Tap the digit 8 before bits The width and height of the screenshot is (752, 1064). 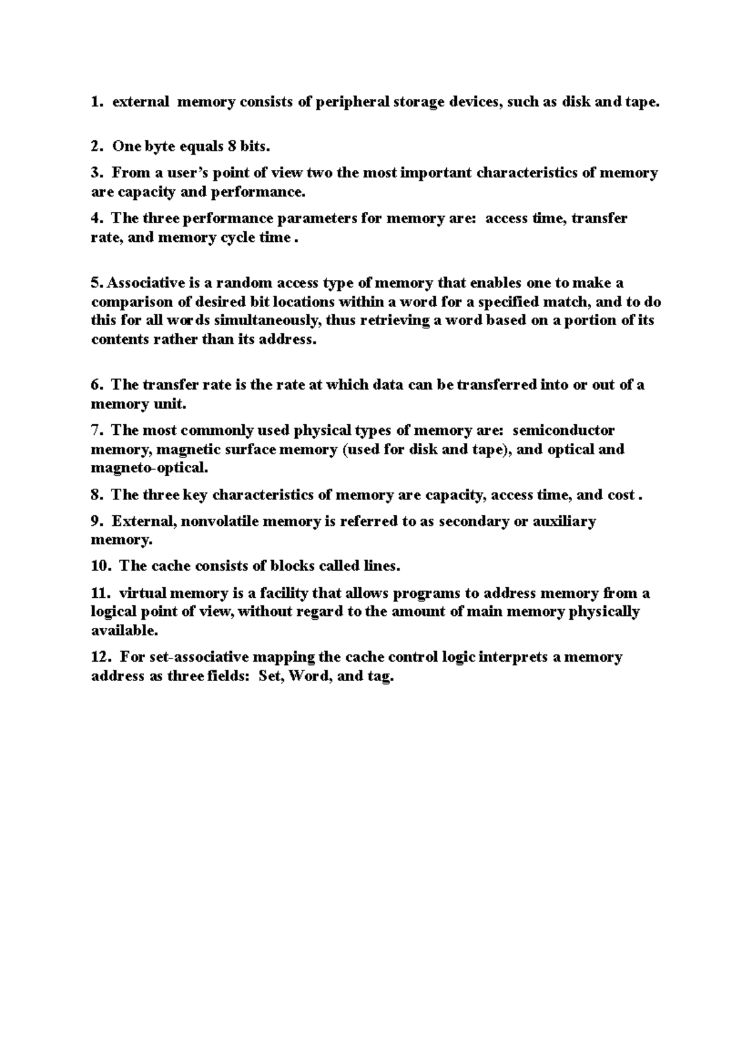point(232,147)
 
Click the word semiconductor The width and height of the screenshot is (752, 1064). point(563,430)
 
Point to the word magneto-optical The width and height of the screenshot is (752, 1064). point(149,468)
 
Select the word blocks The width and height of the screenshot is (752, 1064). point(292,566)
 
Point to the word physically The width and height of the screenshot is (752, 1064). point(603,612)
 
